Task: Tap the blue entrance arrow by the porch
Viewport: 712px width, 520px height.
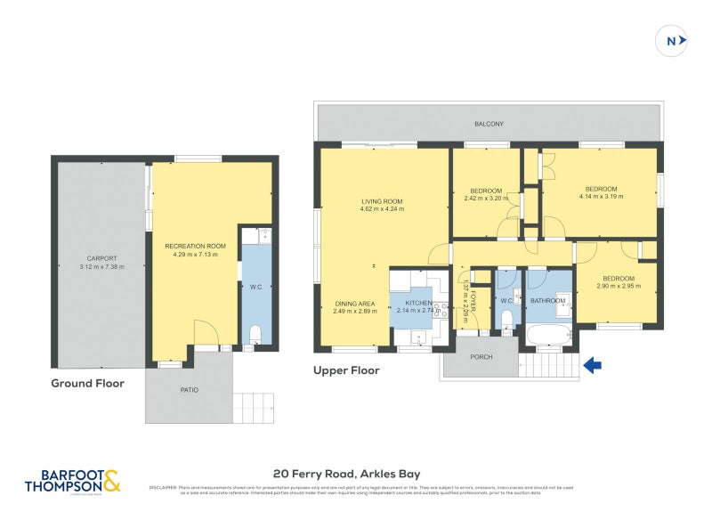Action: [x=592, y=363]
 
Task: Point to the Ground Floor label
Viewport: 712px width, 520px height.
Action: [x=88, y=383]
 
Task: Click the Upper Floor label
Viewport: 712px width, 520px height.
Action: [x=346, y=370]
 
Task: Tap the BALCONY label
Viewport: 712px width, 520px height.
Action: [x=489, y=124]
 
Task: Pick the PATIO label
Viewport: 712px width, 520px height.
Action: [x=189, y=390]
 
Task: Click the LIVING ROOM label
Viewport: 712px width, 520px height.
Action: [x=382, y=201]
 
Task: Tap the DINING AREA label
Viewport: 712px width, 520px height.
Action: [x=354, y=304]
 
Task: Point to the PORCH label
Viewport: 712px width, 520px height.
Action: [x=479, y=357]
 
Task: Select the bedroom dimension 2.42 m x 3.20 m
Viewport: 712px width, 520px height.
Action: [x=485, y=199]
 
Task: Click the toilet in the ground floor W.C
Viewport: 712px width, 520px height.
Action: [x=255, y=334]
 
